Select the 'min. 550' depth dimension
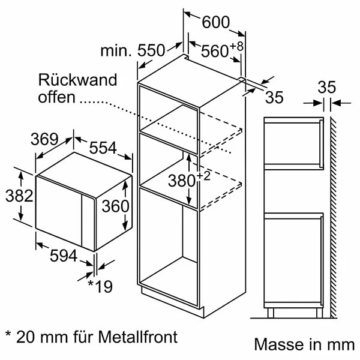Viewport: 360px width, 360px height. tap(133, 51)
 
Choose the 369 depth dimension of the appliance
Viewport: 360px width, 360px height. tap(44, 139)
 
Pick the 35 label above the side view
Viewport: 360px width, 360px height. tap(326, 88)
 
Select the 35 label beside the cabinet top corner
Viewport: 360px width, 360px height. tap(274, 96)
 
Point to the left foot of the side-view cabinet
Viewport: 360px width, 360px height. tap(271, 313)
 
